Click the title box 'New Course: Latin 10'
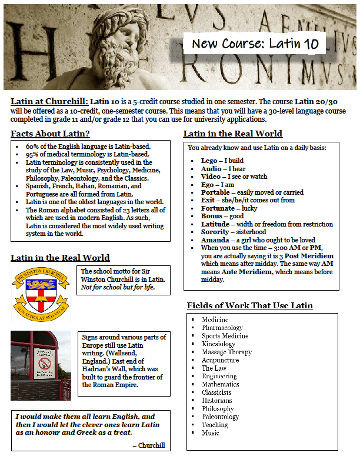254,43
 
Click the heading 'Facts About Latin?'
50,134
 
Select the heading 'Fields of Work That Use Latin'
250,305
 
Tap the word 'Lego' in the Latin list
209,161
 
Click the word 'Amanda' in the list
215,240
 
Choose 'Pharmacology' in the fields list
222,328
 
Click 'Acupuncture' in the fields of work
220,360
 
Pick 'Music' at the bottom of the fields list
211,433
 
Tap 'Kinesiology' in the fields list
218,344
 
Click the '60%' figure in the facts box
34,147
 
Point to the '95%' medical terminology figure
34,154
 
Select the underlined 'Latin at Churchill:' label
49,101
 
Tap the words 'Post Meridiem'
309,256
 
